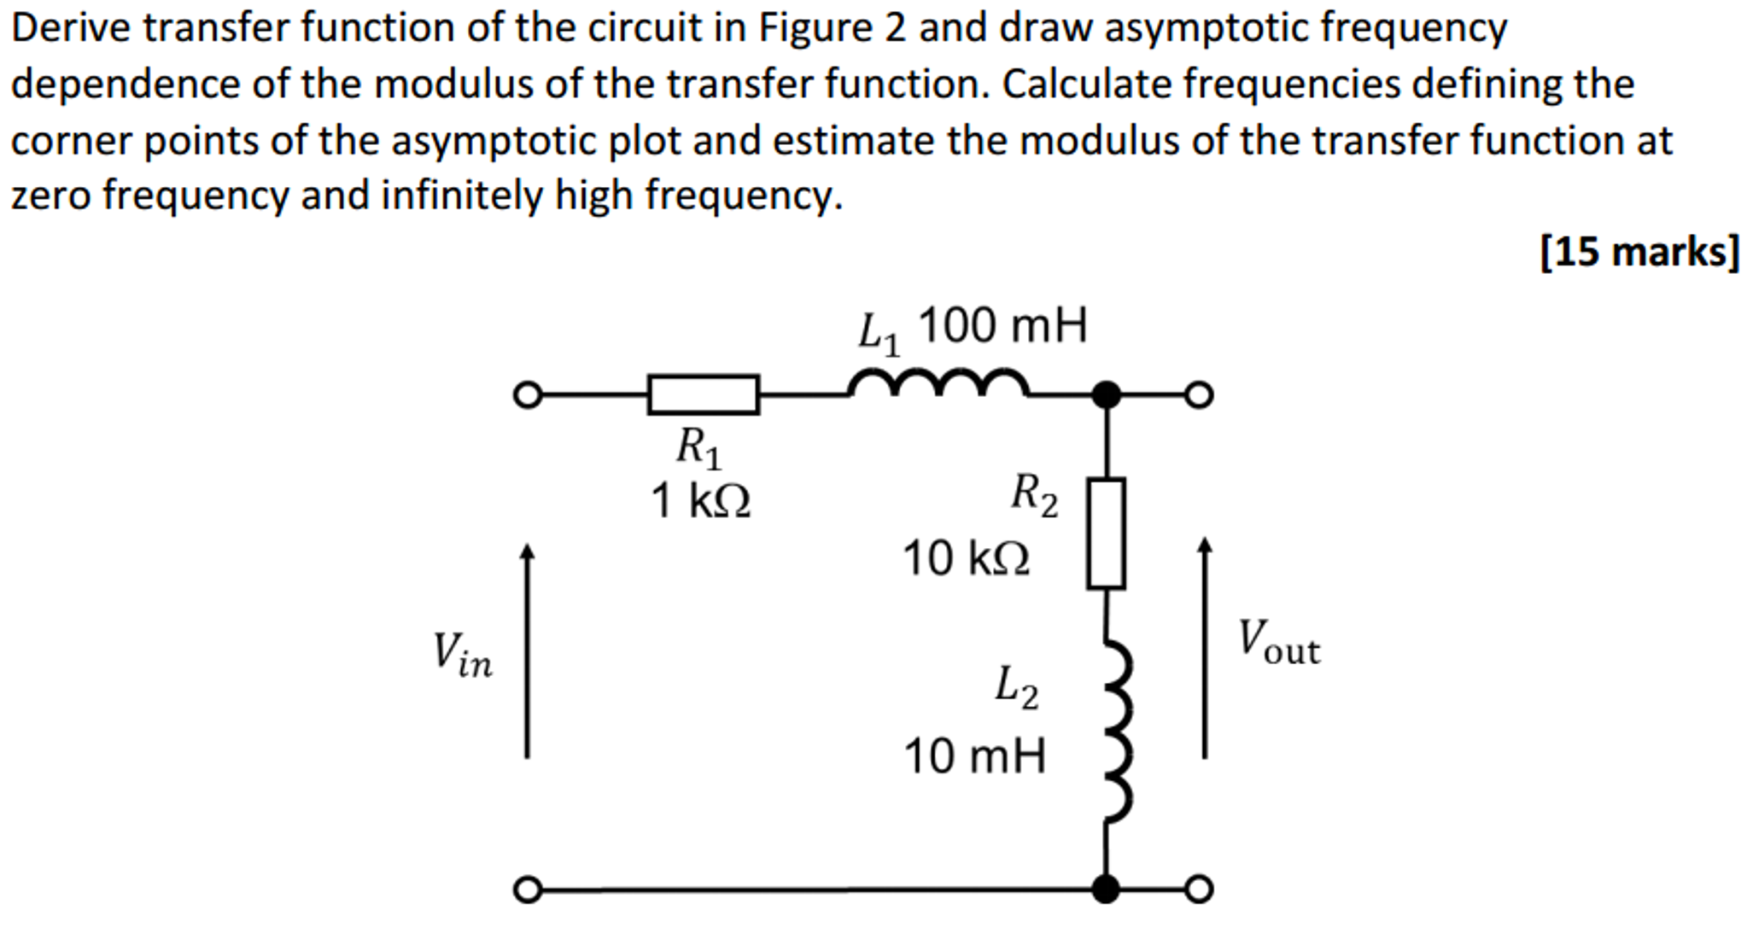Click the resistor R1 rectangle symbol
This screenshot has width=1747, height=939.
(x=703, y=394)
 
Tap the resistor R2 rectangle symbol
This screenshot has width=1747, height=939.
(x=1106, y=534)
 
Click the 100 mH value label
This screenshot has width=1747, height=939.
(x=1002, y=326)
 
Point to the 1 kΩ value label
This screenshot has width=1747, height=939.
(x=701, y=501)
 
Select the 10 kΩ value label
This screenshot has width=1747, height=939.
(x=966, y=559)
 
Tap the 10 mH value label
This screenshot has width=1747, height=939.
(x=974, y=757)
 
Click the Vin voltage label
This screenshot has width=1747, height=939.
(x=462, y=656)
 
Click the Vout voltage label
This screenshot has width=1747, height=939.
(x=1278, y=643)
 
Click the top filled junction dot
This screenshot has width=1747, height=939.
(x=1107, y=395)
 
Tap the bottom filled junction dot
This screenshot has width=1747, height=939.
(x=1106, y=889)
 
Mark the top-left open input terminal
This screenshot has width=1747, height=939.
(x=528, y=395)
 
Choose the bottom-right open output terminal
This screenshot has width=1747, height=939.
(x=1199, y=889)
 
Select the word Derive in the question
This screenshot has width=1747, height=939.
(x=71, y=29)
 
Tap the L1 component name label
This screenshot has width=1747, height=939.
(x=879, y=333)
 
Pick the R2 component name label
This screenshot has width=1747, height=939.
(x=1034, y=495)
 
